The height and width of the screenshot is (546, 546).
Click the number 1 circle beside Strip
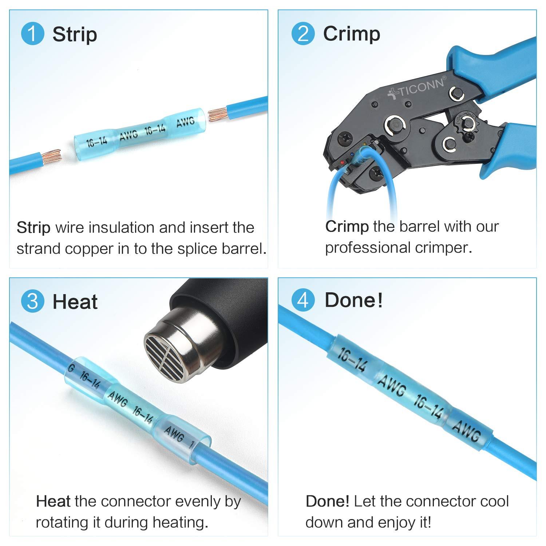tap(32, 34)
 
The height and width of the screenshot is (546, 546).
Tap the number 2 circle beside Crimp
tap(303, 34)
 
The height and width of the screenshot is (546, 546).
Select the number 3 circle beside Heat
tap(32, 301)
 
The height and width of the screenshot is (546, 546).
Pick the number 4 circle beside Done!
tap(303, 301)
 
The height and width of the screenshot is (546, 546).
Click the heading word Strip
tap(75, 35)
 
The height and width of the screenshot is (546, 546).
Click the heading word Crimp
tap(351, 34)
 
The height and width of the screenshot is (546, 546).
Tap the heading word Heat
tap(75, 302)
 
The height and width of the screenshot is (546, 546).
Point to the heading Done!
tap(353, 301)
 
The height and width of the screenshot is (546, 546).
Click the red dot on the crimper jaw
tap(342, 162)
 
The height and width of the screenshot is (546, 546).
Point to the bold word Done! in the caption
tap(327, 502)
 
